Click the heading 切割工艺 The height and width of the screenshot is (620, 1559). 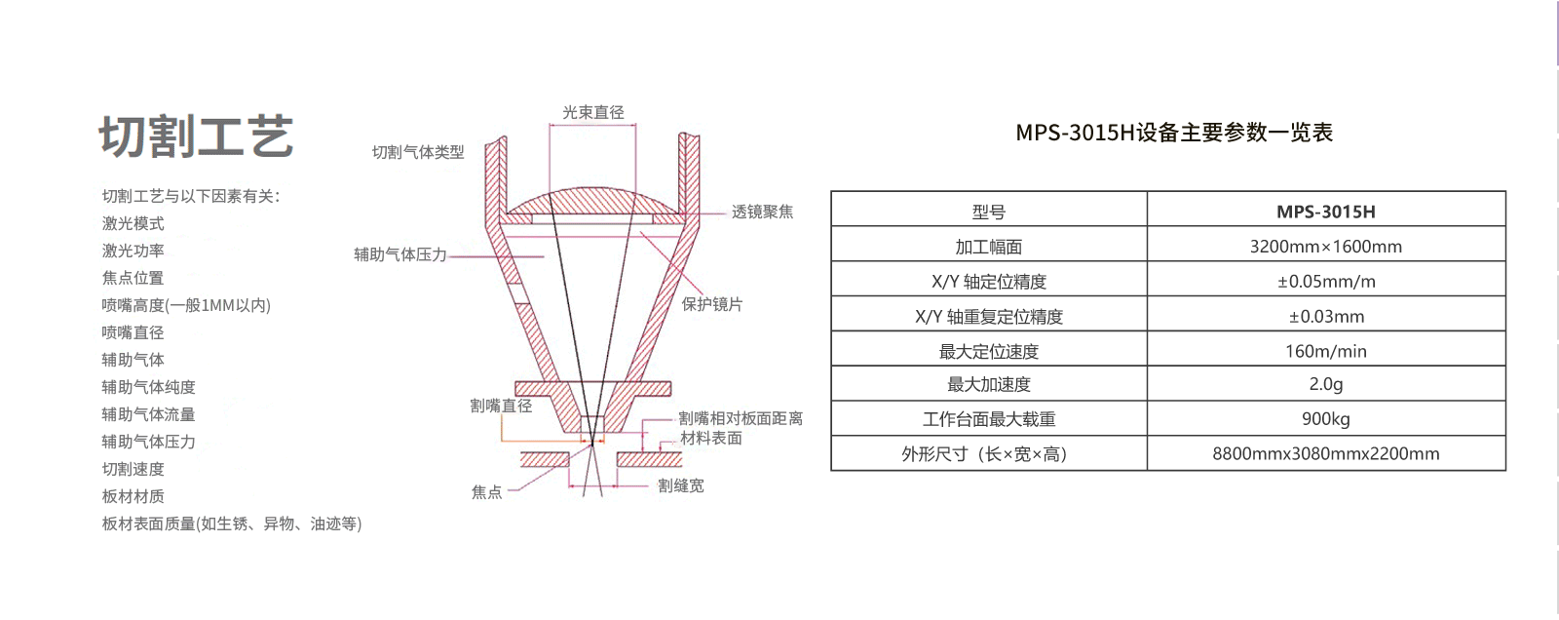[x=196, y=136]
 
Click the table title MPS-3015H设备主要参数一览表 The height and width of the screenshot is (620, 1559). [x=1174, y=133]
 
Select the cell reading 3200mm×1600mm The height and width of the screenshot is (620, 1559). [x=1325, y=247]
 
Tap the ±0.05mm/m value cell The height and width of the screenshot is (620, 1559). [x=1325, y=282]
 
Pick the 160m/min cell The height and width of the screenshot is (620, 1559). [x=1325, y=351]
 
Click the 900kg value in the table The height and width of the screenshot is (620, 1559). [x=1325, y=419]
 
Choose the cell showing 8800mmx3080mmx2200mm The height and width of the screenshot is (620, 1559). [x=1325, y=453]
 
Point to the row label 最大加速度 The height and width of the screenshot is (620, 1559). [x=988, y=385]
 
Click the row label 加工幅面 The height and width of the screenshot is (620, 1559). [x=988, y=247]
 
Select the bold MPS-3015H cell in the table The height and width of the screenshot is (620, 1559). [x=1325, y=212]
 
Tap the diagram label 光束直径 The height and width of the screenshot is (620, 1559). [x=592, y=113]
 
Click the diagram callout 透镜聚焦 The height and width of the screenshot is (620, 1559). [x=762, y=212]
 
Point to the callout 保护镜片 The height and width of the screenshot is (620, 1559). [x=711, y=304]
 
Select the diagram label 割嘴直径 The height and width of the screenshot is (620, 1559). [x=501, y=406]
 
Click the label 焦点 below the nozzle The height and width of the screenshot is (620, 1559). [x=486, y=492]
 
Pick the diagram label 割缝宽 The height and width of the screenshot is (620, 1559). [x=680, y=485]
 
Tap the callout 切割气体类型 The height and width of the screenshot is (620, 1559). [x=418, y=152]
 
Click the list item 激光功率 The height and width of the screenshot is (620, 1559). [x=133, y=251]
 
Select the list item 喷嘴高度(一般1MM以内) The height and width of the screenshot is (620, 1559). [x=186, y=305]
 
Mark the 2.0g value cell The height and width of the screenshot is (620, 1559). [x=1325, y=384]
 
